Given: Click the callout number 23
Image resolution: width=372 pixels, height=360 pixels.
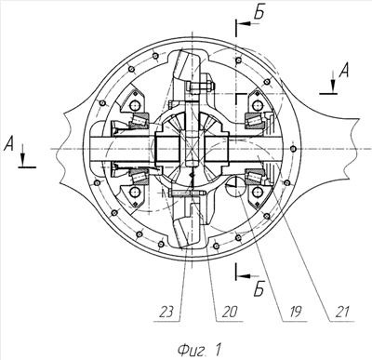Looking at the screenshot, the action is tap(167, 313).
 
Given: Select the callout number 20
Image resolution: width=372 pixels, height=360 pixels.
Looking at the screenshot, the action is tap(230, 313).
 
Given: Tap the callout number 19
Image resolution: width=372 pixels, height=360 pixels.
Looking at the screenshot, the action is tap(293, 313).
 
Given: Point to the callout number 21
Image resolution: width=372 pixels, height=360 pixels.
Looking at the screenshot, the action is tap(342, 313).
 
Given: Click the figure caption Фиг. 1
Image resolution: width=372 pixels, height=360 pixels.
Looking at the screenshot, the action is tap(200, 350).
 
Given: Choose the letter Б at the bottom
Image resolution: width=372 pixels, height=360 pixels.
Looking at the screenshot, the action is tap(259, 289).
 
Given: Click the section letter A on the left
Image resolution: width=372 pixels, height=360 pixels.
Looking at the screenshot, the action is tap(9, 144).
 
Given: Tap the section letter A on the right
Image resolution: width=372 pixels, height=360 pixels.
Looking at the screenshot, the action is tap(343, 71).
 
